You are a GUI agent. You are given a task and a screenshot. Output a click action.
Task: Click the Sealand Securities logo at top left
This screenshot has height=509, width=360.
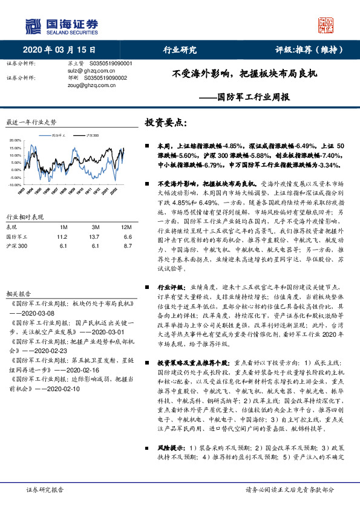point(61,25)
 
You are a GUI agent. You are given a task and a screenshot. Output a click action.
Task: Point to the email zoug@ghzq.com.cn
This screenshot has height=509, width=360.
point(91,85)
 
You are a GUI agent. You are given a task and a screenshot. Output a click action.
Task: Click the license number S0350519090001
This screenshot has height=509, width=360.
point(115,63)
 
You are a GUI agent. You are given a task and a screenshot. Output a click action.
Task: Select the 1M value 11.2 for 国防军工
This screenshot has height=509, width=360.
point(62,237)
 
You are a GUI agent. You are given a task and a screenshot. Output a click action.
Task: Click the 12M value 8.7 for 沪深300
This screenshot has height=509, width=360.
point(126,247)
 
